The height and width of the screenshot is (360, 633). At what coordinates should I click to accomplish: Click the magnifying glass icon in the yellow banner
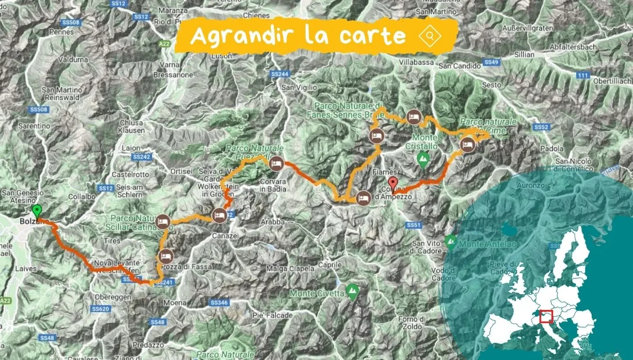pyautogui.click(x=429, y=36)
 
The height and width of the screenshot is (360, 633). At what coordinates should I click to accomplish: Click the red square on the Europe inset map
pyautogui.click(x=546, y=316)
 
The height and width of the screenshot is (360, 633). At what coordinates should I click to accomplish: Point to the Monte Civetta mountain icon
pyautogui.click(x=352, y=290)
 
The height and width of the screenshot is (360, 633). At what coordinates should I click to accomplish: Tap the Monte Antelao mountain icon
pyautogui.click(x=450, y=241)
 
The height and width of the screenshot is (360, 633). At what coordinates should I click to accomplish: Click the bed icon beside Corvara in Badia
pyautogui.click(x=276, y=163)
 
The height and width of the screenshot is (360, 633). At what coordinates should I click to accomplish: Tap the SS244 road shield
pyautogui.click(x=280, y=74)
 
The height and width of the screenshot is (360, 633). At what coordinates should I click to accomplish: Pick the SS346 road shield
pyautogui.click(x=219, y=303)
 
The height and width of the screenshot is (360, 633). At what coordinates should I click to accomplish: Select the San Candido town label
pyautogui.click(x=460, y=66)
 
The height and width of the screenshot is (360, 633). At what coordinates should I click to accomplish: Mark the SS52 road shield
pyautogui.click(x=541, y=127)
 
